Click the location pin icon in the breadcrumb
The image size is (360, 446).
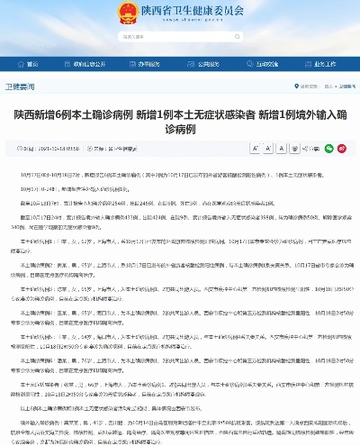point(289,86)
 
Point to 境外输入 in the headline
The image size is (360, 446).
point(297,116)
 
